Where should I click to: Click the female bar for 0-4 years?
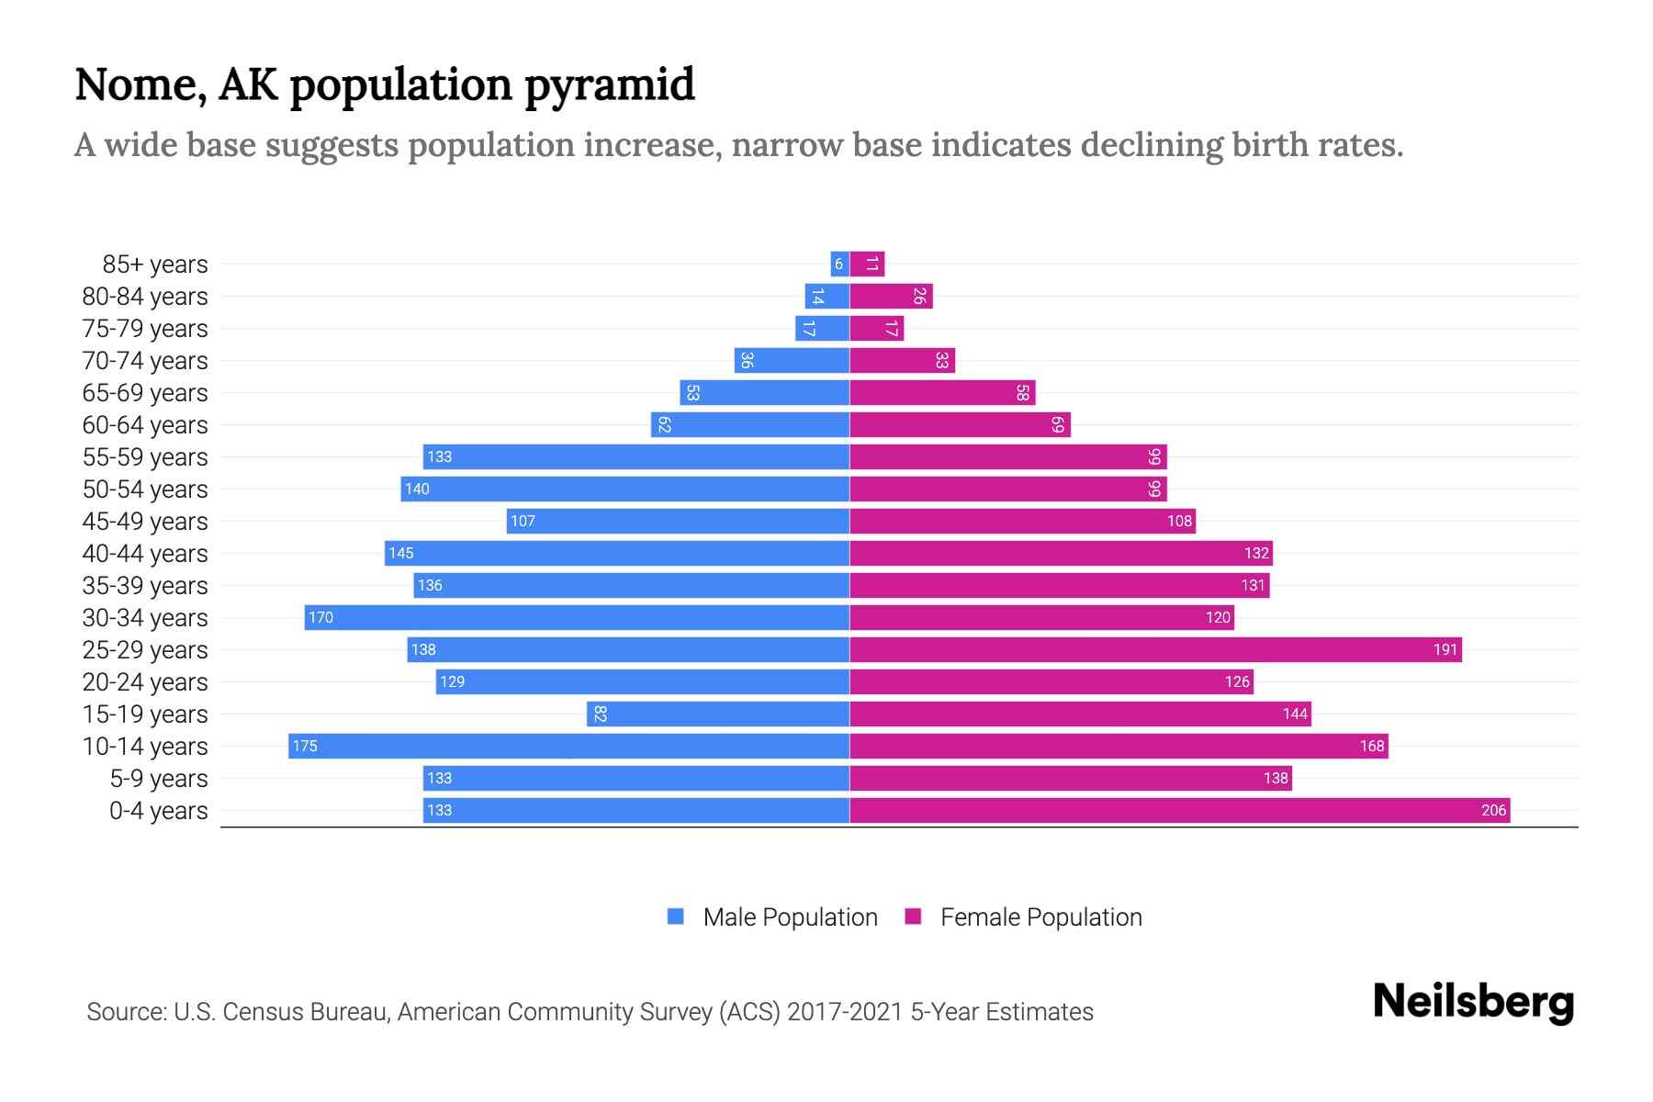click(1180, 810)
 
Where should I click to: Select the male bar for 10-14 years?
click(569, 746)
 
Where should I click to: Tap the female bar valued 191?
click(1155, 649)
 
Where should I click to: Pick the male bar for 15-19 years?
click(718, 714)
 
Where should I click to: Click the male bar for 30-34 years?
click(577, 617)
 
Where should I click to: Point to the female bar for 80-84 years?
click(891, 296)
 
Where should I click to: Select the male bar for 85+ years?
click(839, 264)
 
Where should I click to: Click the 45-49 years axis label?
click(145, 521)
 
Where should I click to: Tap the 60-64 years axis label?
click(145, 424)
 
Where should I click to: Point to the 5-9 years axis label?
click(159, 778)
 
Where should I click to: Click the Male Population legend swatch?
click(676, 916)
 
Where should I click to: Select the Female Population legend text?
click(1040, 916)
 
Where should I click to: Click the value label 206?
click(1493, 810)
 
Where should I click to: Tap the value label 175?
click(305, 746)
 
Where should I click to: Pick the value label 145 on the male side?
click(400, 553)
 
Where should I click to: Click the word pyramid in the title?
click(610, 84)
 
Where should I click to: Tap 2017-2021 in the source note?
click(844, 1012)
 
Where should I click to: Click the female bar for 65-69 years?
click(942, 392)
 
